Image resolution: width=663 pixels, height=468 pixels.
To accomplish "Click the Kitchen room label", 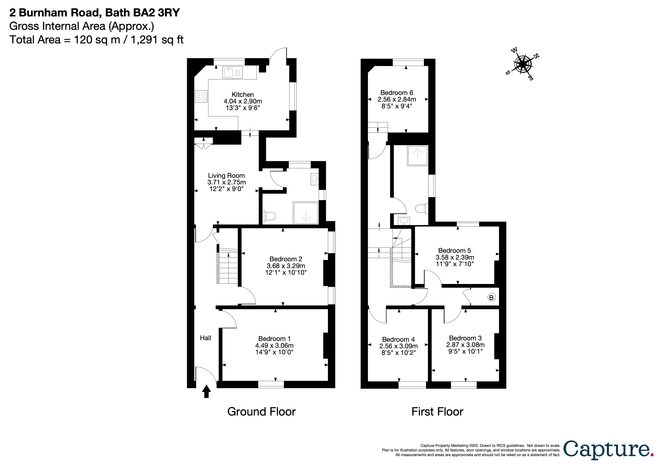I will click(x=242, y=95).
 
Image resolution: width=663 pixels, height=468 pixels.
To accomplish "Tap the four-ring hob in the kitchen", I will click(x=201, y=96).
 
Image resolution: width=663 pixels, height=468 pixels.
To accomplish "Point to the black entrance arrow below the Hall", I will click(x=206, y=391).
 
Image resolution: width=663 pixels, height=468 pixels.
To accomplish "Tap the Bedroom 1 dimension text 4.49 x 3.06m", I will click(x=274, y=345).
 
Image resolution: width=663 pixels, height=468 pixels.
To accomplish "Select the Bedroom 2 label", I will click(x=286, y=259).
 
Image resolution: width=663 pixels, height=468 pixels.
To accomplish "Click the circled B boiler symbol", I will click(x=491, y=297).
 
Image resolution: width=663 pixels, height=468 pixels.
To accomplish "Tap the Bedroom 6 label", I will click(x=397, y=93).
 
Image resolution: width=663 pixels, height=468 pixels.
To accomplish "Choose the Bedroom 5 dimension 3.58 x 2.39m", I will click(x=455, y=257).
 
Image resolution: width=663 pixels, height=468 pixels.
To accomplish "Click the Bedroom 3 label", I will click(x=465, y=338).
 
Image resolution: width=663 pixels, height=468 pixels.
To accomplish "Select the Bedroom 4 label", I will click(x=398, y=339).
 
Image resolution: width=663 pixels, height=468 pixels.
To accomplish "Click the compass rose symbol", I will click(x=522, y=64).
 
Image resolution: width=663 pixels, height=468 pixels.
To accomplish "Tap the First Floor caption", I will click(x=437, y=412).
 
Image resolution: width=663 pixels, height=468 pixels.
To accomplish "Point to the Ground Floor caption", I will click(x=261, y=412).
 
